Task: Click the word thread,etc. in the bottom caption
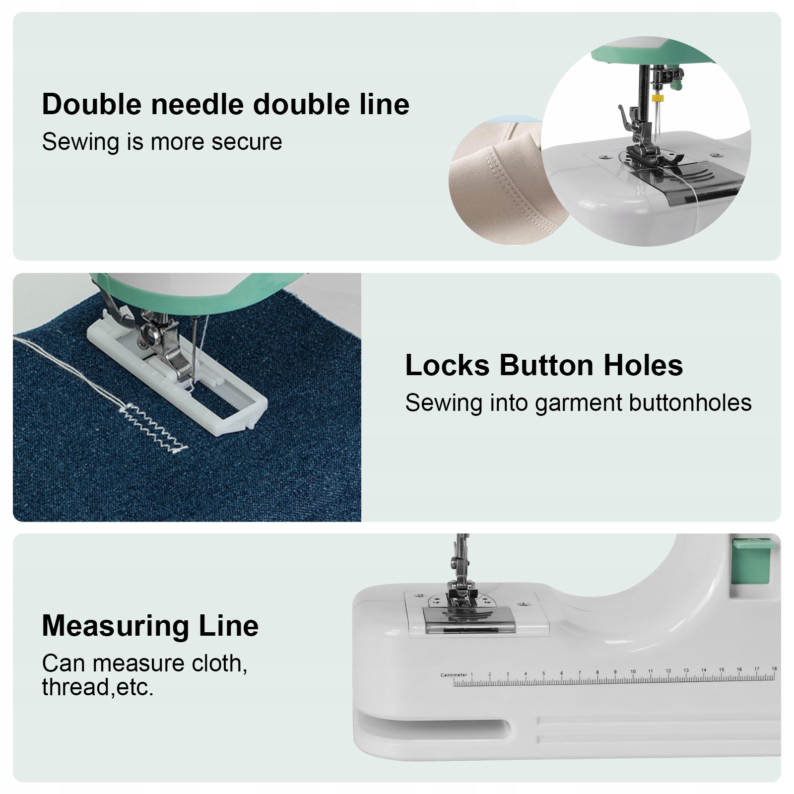point(98,687)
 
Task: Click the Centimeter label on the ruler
point(454,675)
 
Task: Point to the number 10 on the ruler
point(633,671)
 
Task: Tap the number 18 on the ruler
point(774,669)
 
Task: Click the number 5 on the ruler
point(543,673)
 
